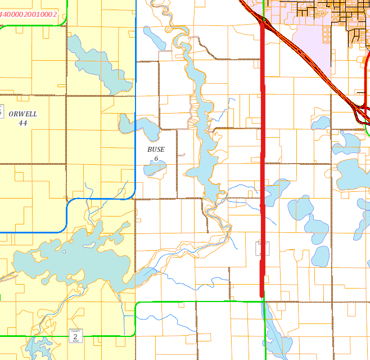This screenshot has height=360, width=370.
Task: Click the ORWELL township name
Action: (23, 114)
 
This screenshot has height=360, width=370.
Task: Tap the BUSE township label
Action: (156, 150)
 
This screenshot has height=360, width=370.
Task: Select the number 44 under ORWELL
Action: (23, 123)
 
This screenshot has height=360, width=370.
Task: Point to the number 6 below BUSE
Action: (156, 159)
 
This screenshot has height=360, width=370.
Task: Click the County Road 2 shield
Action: (75, 335)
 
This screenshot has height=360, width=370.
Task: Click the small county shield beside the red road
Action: (260, 248)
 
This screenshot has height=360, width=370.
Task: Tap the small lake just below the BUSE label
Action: (156, 168)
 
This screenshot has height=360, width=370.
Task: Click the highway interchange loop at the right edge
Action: (361, 112)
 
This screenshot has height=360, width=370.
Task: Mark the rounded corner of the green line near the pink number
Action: (64, 22)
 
